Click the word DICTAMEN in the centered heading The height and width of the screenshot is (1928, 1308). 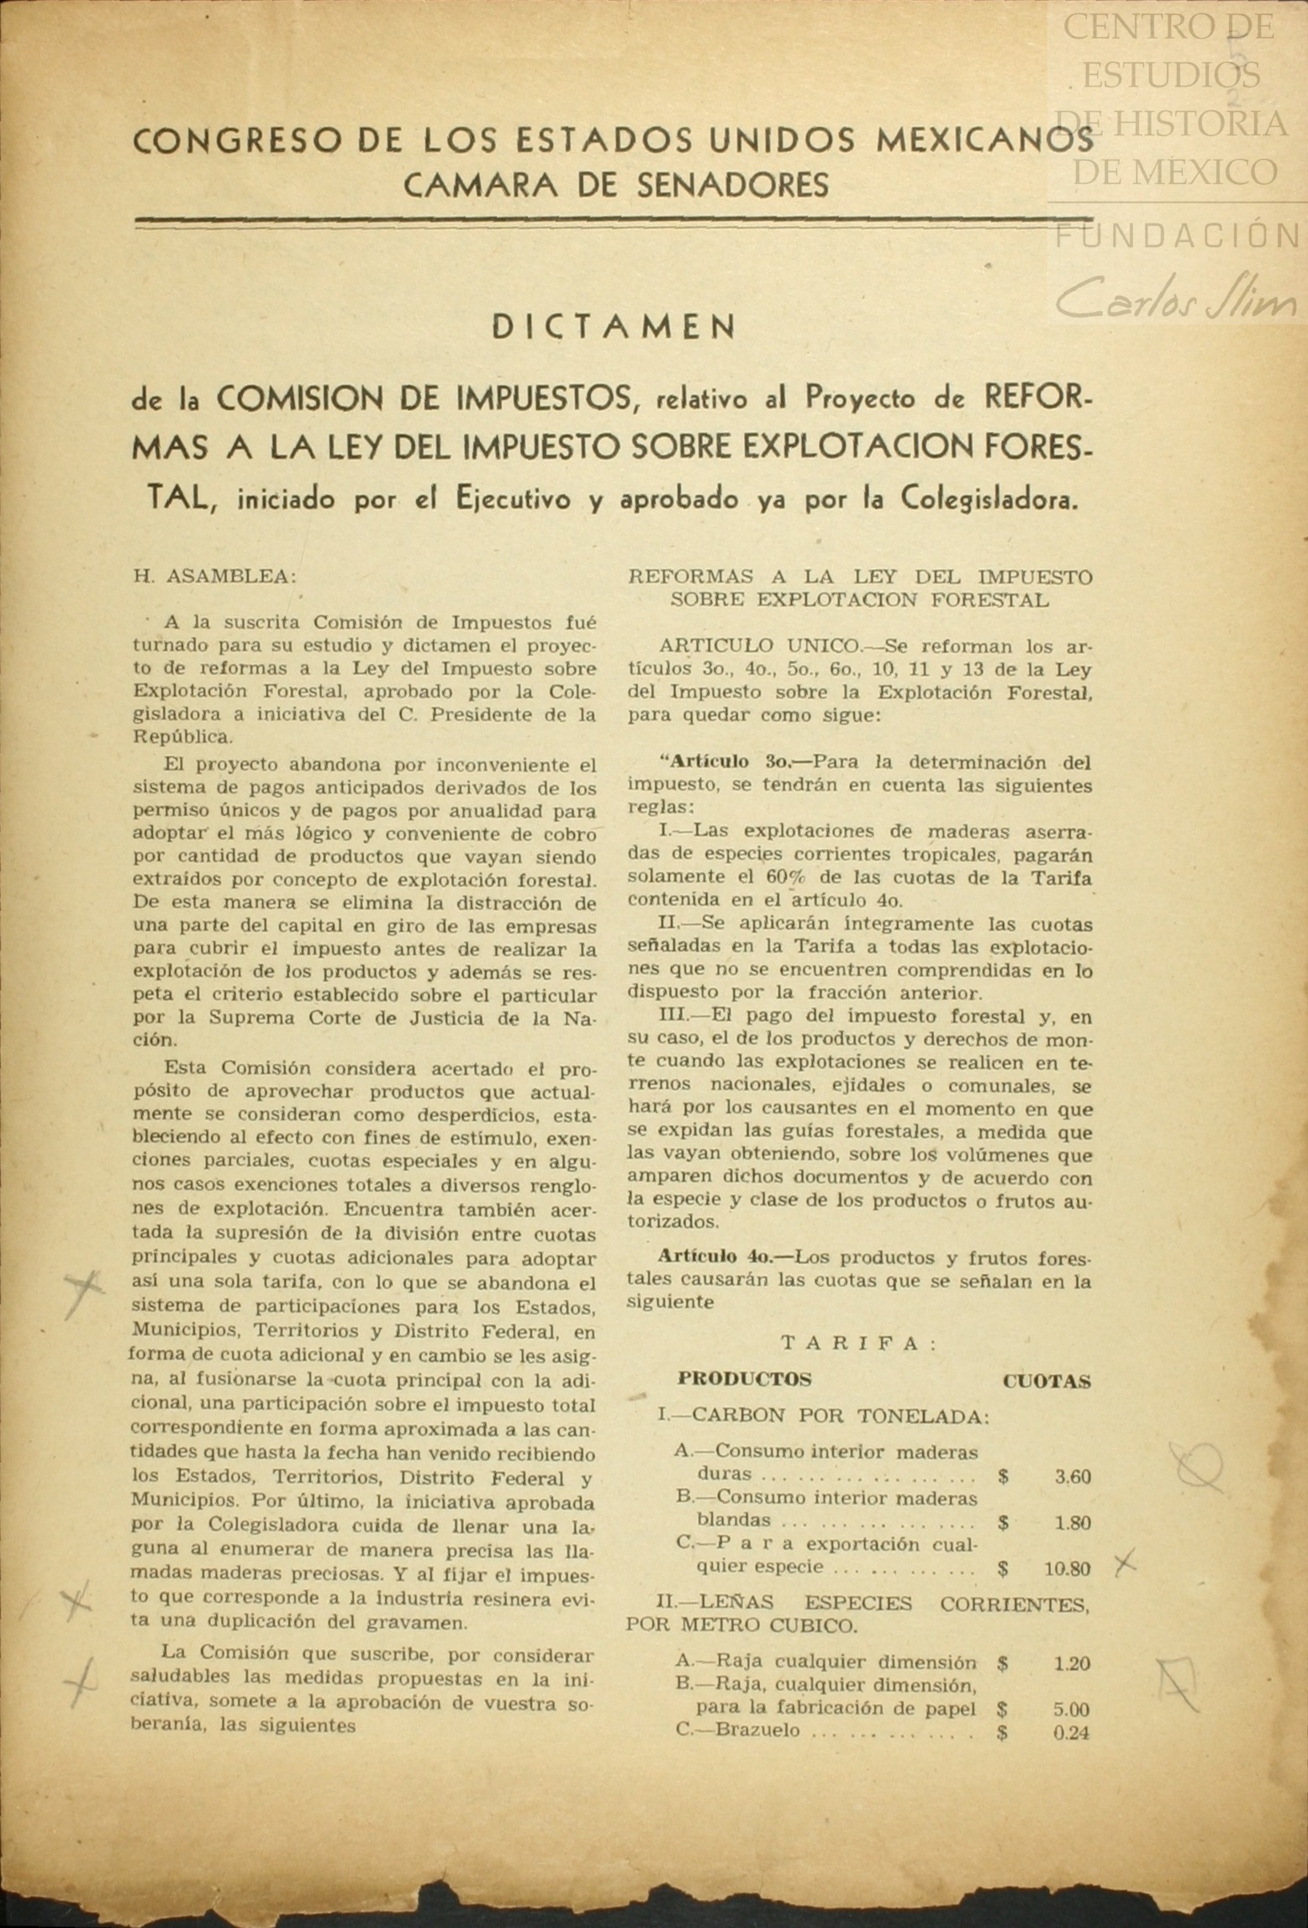613,327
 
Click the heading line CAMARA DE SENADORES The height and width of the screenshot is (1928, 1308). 615,184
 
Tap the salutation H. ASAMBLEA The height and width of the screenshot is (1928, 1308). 214,577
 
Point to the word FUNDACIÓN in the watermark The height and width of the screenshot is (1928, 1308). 1177,236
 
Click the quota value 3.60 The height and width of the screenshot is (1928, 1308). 1073,1477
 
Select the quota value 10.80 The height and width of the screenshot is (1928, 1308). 1068,1568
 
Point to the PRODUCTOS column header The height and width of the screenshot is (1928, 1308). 744,1379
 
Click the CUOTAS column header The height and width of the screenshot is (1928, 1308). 1047,1381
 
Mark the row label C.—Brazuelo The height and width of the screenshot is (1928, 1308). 737,1730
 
